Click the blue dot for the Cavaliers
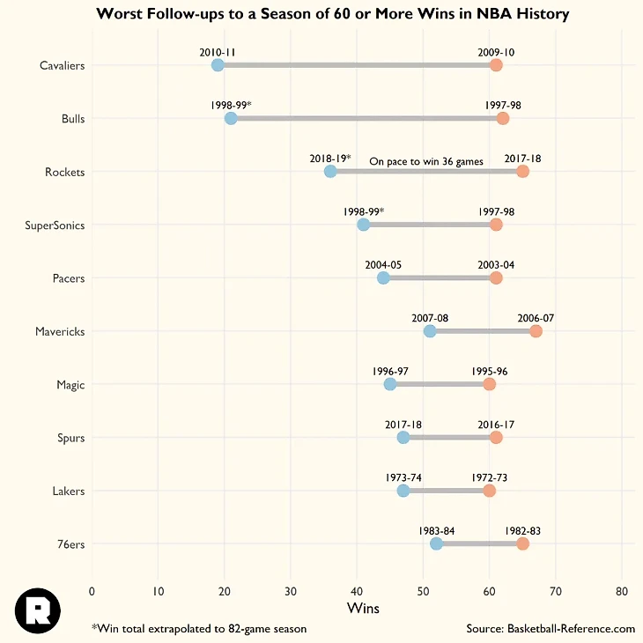point(218,65)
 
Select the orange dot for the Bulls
point(503,119)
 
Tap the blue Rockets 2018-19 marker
point(330,171)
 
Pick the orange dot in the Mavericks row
point(536,331)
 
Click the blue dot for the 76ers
point(436,543)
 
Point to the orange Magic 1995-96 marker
point(490,384)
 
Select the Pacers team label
point(68,278)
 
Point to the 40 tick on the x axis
point(357,590)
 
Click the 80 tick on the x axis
point(622,590)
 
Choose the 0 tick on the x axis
point(92,590)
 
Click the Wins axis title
point(365,608)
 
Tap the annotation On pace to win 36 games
point(426,161)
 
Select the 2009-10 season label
point(496,52)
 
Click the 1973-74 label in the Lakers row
point(403,477)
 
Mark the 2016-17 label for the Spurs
point(496,425)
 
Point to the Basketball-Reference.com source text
point(551,628)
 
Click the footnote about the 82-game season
point(199,628)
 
